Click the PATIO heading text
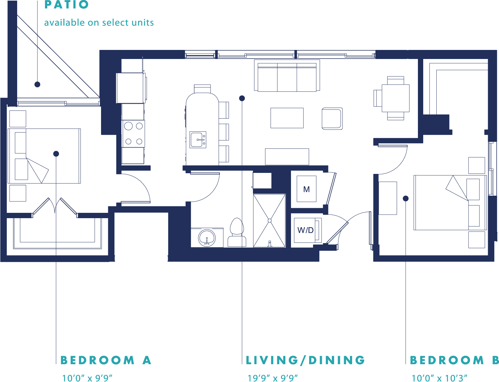pos(66,5)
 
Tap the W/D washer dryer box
pos(308,230)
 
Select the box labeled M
pos(307,189)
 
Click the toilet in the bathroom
pos(237,232)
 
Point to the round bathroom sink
pos(207,238)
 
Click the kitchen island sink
pos(198,140)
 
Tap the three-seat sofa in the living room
pos(287,76)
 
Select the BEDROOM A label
pos(106,360)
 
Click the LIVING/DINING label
pos(305,360)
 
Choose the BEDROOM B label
pos(454,360)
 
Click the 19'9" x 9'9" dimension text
pos(272,378)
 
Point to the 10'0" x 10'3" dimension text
pos(439,378)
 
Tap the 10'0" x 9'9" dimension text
pos(87,378)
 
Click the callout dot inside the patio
pos(37,84)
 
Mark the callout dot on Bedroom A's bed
pos(56,154)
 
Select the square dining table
pos(395,98)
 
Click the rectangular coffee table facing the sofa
pos(287,118)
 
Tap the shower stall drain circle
pos(270,220)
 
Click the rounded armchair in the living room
pos(332,119)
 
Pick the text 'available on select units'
pos(99,22)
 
